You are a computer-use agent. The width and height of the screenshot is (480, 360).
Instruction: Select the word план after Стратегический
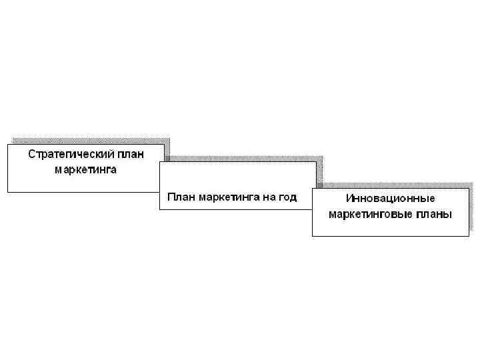pyautogui.click(x=131, y=155)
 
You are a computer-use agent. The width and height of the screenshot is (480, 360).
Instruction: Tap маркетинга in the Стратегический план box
pyautogui.click(x=85, y=169)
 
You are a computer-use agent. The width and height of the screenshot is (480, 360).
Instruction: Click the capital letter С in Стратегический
pyautogui.click(x=31, y=155)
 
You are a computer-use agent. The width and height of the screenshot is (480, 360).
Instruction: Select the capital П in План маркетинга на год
pyautogui.click(x=171, y=197)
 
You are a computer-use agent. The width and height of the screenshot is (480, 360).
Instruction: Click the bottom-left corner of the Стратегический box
pyautogui.click(x=8, y=192)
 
